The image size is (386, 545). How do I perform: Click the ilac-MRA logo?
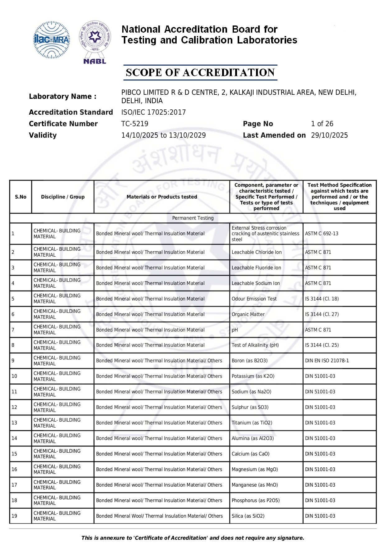point(52,40)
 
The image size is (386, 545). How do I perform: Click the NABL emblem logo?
point(95,42)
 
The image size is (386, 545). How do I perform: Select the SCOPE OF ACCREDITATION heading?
point(200,72)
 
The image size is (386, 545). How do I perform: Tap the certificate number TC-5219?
point(135,124)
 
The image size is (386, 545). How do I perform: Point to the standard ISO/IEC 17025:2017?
point(153,112)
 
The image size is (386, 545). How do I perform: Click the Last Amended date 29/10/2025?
point(329,135)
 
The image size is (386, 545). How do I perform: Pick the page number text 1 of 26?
point(322,124)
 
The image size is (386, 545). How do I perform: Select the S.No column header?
point(21,197)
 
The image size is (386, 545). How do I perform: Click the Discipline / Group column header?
point(63,197)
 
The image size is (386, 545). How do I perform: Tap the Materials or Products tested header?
point(162,197)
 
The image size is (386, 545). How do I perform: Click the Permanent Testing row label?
point(193,218)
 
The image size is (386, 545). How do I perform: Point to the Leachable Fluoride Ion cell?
point(256,268)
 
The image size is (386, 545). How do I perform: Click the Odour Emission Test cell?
point(254,299)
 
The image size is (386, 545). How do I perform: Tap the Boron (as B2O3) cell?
point(249,361)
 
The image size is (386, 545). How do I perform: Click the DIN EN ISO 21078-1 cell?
point(327,361)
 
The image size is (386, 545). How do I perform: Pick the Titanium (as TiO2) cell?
point(252,423)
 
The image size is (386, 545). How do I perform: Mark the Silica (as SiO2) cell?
point(248,516)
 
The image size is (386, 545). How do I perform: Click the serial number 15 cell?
point(14,454)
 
